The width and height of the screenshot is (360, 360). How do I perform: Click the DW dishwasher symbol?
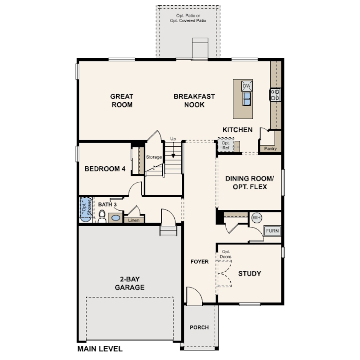(247, 86)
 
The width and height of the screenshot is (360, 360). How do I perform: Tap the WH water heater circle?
(257, 217)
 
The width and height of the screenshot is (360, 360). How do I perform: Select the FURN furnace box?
(272, 231)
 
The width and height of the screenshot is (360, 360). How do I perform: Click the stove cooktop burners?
(275, 95)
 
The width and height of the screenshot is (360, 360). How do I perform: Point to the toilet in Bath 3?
(102, 216)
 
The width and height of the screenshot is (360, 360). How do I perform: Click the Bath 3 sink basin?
(116, 218)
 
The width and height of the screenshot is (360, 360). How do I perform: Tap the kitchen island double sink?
(247, 99)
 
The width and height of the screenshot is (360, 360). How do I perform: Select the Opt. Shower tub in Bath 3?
(86, 209)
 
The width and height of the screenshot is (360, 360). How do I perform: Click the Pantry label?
(270, 148)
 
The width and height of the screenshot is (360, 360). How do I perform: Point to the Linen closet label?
(134, 220)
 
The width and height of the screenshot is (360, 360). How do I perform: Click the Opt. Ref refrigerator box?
(226, 145)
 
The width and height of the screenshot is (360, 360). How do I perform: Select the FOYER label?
(200, 261)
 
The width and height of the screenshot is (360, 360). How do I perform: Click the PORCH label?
(199, 328)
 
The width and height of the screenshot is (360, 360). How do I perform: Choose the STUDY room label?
(250, 273)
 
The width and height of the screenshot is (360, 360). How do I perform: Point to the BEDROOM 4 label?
(105, 169)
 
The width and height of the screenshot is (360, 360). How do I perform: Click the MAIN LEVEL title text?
(100, 349)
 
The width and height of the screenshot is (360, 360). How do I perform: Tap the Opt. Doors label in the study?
(225, 254)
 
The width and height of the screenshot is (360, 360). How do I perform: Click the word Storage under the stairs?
(154, 157)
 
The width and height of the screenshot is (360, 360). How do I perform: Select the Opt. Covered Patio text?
(188, 20)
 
